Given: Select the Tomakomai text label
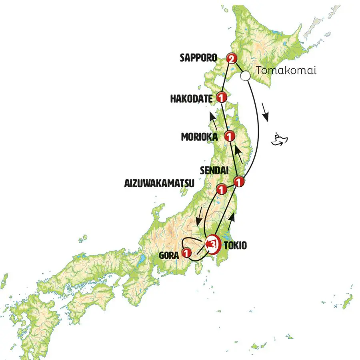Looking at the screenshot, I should [286, 71].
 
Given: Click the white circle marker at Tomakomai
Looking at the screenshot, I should [246, 75].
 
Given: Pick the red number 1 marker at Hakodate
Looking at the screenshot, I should [221, 97].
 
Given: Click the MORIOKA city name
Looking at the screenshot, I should [199, 137].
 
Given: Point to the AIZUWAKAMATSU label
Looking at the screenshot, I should [159, 184].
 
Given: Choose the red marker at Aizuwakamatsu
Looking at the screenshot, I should [220, 189].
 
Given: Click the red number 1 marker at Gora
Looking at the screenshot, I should [186, 253].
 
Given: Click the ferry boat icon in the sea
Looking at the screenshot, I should [280, 139].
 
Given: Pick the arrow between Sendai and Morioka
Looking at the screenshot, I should [239, 154].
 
